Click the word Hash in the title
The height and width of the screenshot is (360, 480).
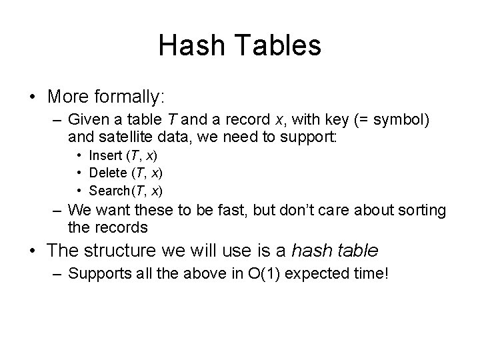[x=189, y=45]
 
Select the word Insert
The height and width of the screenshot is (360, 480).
[x=106, y=155]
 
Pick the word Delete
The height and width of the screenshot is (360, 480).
[x=108, y=173]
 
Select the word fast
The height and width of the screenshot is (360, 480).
[x=236, y=210]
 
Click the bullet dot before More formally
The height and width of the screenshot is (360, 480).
[x=33, y=97]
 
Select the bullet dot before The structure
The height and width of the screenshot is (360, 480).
[x=33, y=251]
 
